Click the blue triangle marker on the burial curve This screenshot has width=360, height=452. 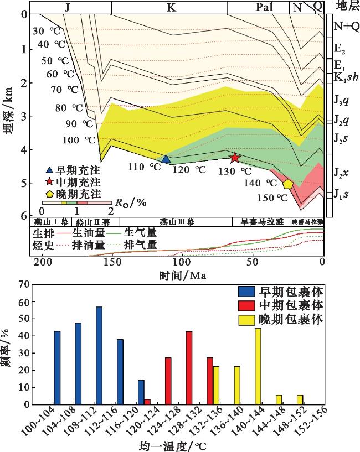(x=166, y=159)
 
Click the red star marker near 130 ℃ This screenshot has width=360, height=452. (x=235, y=158)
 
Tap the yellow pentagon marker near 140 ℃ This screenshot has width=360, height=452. (x=288, y=184)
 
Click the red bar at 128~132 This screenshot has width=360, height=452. (x=189, y=368)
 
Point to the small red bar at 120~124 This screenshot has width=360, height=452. (x=147, y=402)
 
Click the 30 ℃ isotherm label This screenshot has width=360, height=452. (x=45, y=31)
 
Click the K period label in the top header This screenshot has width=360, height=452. (x=169, y=7)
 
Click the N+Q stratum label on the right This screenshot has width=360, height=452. (x=344, y=25)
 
